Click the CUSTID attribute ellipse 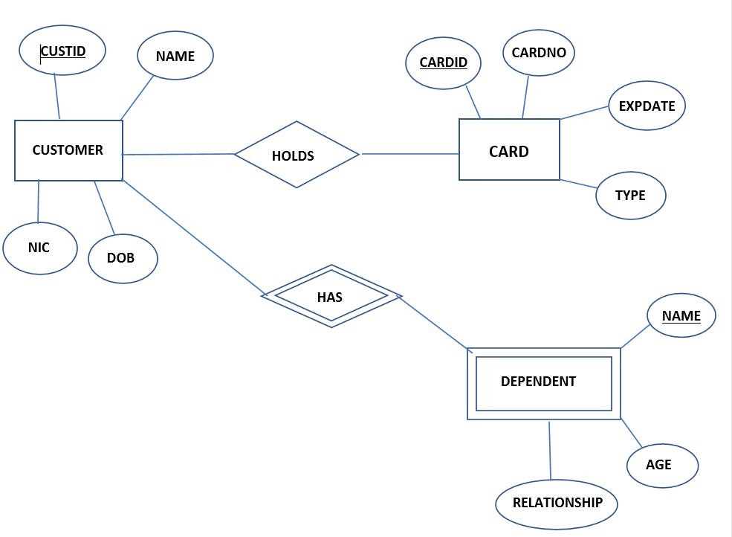pyautogui.click(x=62, y=51)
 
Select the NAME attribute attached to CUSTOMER pyautogui.click(x=175, y=56)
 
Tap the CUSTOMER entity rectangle pyautogui.click(x=68, y=150)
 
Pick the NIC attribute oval pyautogui.click(x=39, y=248)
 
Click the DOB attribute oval pyautogui.click(x=122, y=258)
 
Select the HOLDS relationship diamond pyautogui.click(x=296, y=155)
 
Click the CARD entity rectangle pyautogui.click(x=509, y=150)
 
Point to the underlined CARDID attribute pyautogui.click(x=443, y=62)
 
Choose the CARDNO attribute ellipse pyautogui.click(x=539, y=53)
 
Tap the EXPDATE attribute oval pyautogui.click(x=647, y=106)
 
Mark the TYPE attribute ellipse pyautogui.click(x=630, y=196)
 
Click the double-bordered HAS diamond pyautogui.click(x=331, y=296)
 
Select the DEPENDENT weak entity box pyautogui.click(x=543, y=382)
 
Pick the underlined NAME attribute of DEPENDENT pyautogui.click(x=681, y=315)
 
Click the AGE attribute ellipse pyautogui.click(x=661, y=465)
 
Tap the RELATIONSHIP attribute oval pyautogui.click(x=557, y=503)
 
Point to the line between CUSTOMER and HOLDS pyautogui.click(x=178, y=155)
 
